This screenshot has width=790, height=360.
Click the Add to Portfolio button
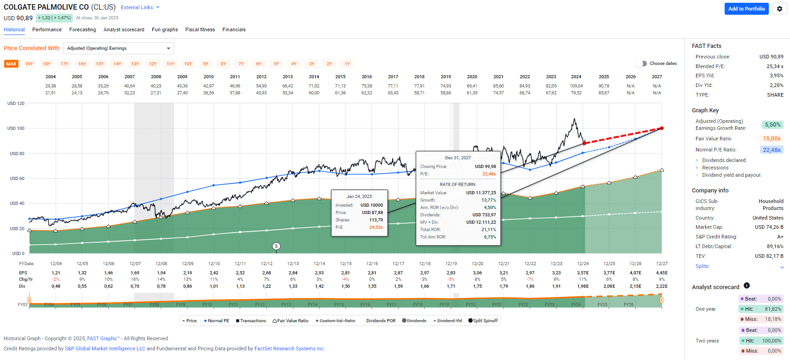[x=746, y=9]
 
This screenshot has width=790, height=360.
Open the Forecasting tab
[x=82, y=29]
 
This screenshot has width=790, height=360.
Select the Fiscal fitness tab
[x=200, y=29]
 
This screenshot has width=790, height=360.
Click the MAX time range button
[x=11, y=64]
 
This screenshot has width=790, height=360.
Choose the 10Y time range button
[x=188, y=64]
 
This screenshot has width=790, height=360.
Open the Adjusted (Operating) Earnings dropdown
[x=119, y=48]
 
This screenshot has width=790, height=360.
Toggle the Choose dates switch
[x=641, y=64]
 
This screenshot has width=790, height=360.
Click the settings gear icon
[x=779, y=9]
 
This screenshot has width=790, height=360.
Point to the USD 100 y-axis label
[x=16, y=128]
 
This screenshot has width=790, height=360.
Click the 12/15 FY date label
[x=346, y=264]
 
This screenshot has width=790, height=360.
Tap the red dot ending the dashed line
[x=662, y=128]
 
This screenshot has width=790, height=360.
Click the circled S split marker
[x=276, y=246]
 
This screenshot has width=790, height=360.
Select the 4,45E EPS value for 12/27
[x=662, y=273]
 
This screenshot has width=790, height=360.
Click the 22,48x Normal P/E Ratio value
[x=772, y=150]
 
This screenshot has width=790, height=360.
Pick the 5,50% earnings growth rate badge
[x=773, y=125]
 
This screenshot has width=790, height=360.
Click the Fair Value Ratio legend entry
[x=290, y=321]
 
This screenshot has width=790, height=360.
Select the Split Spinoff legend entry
[x=483, y=321]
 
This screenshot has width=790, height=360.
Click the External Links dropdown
[x=140, y=7]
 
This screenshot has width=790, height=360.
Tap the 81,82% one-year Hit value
[x=773, y=309]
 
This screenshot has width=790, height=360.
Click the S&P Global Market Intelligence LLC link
[x=105, y=349]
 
